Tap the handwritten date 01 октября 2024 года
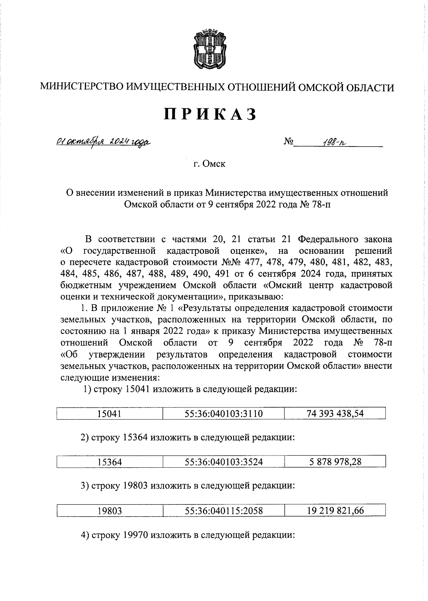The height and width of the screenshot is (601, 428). [102, 143]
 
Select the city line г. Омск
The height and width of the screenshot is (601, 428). [209, 164]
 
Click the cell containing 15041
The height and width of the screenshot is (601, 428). [109, 414]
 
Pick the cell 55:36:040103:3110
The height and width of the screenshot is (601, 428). [224, 414]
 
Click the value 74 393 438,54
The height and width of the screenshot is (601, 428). [335, 413]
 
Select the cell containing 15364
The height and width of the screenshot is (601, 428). [109, 462]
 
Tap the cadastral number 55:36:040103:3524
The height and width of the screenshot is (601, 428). [224, 462]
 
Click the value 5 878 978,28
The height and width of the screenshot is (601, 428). [335, 462]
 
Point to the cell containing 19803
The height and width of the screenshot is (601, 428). [109, 511]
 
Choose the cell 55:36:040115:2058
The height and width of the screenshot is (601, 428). [224, 511]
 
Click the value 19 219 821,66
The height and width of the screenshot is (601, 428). [335, 510]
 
